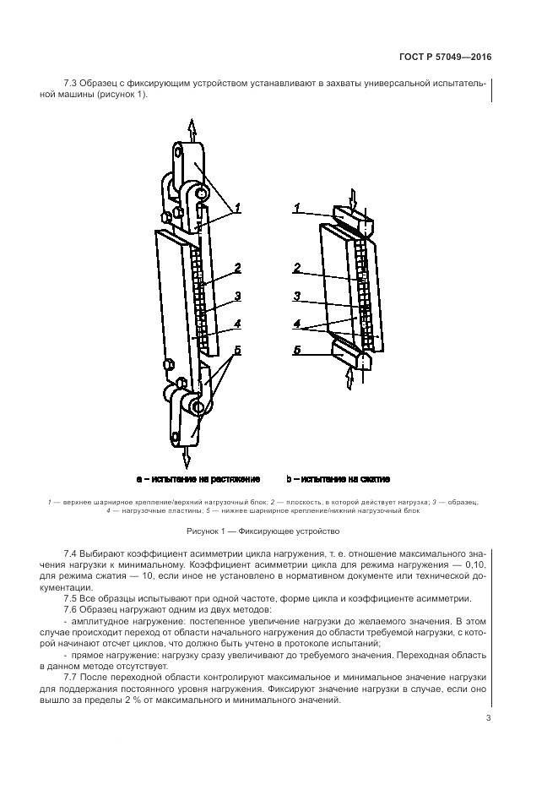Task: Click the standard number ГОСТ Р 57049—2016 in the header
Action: tap(444, 57)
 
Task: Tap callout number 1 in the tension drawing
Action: tap(238, 207)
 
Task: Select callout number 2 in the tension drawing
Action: tap(238, 268)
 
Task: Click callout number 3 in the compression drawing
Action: tap(297, 297)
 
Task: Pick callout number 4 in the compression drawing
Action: tap(297, 322)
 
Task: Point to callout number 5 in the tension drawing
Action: tap(238, 351)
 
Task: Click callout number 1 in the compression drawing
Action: tap(297, 207)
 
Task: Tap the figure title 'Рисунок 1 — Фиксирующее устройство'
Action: tap(263, 531)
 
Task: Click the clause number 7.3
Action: tap(72, 82)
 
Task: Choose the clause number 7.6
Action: tap(72, 609)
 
